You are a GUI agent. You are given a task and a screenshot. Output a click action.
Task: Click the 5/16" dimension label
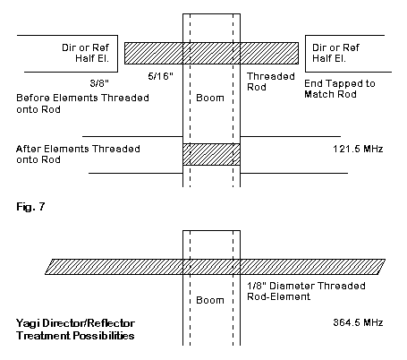click(160, 76)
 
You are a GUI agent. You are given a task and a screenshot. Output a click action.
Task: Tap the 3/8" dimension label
click(99, 83)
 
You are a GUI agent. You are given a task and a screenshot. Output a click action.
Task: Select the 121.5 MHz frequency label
click(358, 149)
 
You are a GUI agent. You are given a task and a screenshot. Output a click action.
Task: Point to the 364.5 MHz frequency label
click(358, 322)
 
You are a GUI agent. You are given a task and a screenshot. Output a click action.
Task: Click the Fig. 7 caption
click(30, 206)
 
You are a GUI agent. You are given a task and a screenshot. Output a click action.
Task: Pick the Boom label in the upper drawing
click(210, 98)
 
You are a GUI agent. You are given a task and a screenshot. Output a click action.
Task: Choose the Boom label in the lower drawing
click(210, 300)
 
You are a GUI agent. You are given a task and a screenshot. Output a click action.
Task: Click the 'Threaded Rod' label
click(271, 81)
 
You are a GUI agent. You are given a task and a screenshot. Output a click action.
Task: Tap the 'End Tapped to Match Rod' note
click(340, 89)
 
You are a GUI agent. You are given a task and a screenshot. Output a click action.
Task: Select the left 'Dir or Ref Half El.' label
click(86, 53)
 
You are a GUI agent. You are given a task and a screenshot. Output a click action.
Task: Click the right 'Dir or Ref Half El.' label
click(335, 53)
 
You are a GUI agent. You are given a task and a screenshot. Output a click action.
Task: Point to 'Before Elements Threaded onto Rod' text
click(82, 104)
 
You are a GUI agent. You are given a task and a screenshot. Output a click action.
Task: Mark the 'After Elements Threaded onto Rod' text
click(78, 154)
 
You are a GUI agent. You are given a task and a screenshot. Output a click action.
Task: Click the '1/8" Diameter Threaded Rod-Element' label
click(306, 291)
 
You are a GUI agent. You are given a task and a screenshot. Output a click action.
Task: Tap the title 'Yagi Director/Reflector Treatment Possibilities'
click(75, 330)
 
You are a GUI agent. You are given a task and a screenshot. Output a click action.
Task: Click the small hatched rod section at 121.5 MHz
click(211, 154)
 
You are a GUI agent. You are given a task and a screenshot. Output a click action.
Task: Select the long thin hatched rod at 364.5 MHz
click(215, 267)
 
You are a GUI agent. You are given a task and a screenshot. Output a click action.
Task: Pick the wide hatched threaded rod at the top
click(211, 53)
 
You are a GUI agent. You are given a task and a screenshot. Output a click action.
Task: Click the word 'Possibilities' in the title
click(104, 336)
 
